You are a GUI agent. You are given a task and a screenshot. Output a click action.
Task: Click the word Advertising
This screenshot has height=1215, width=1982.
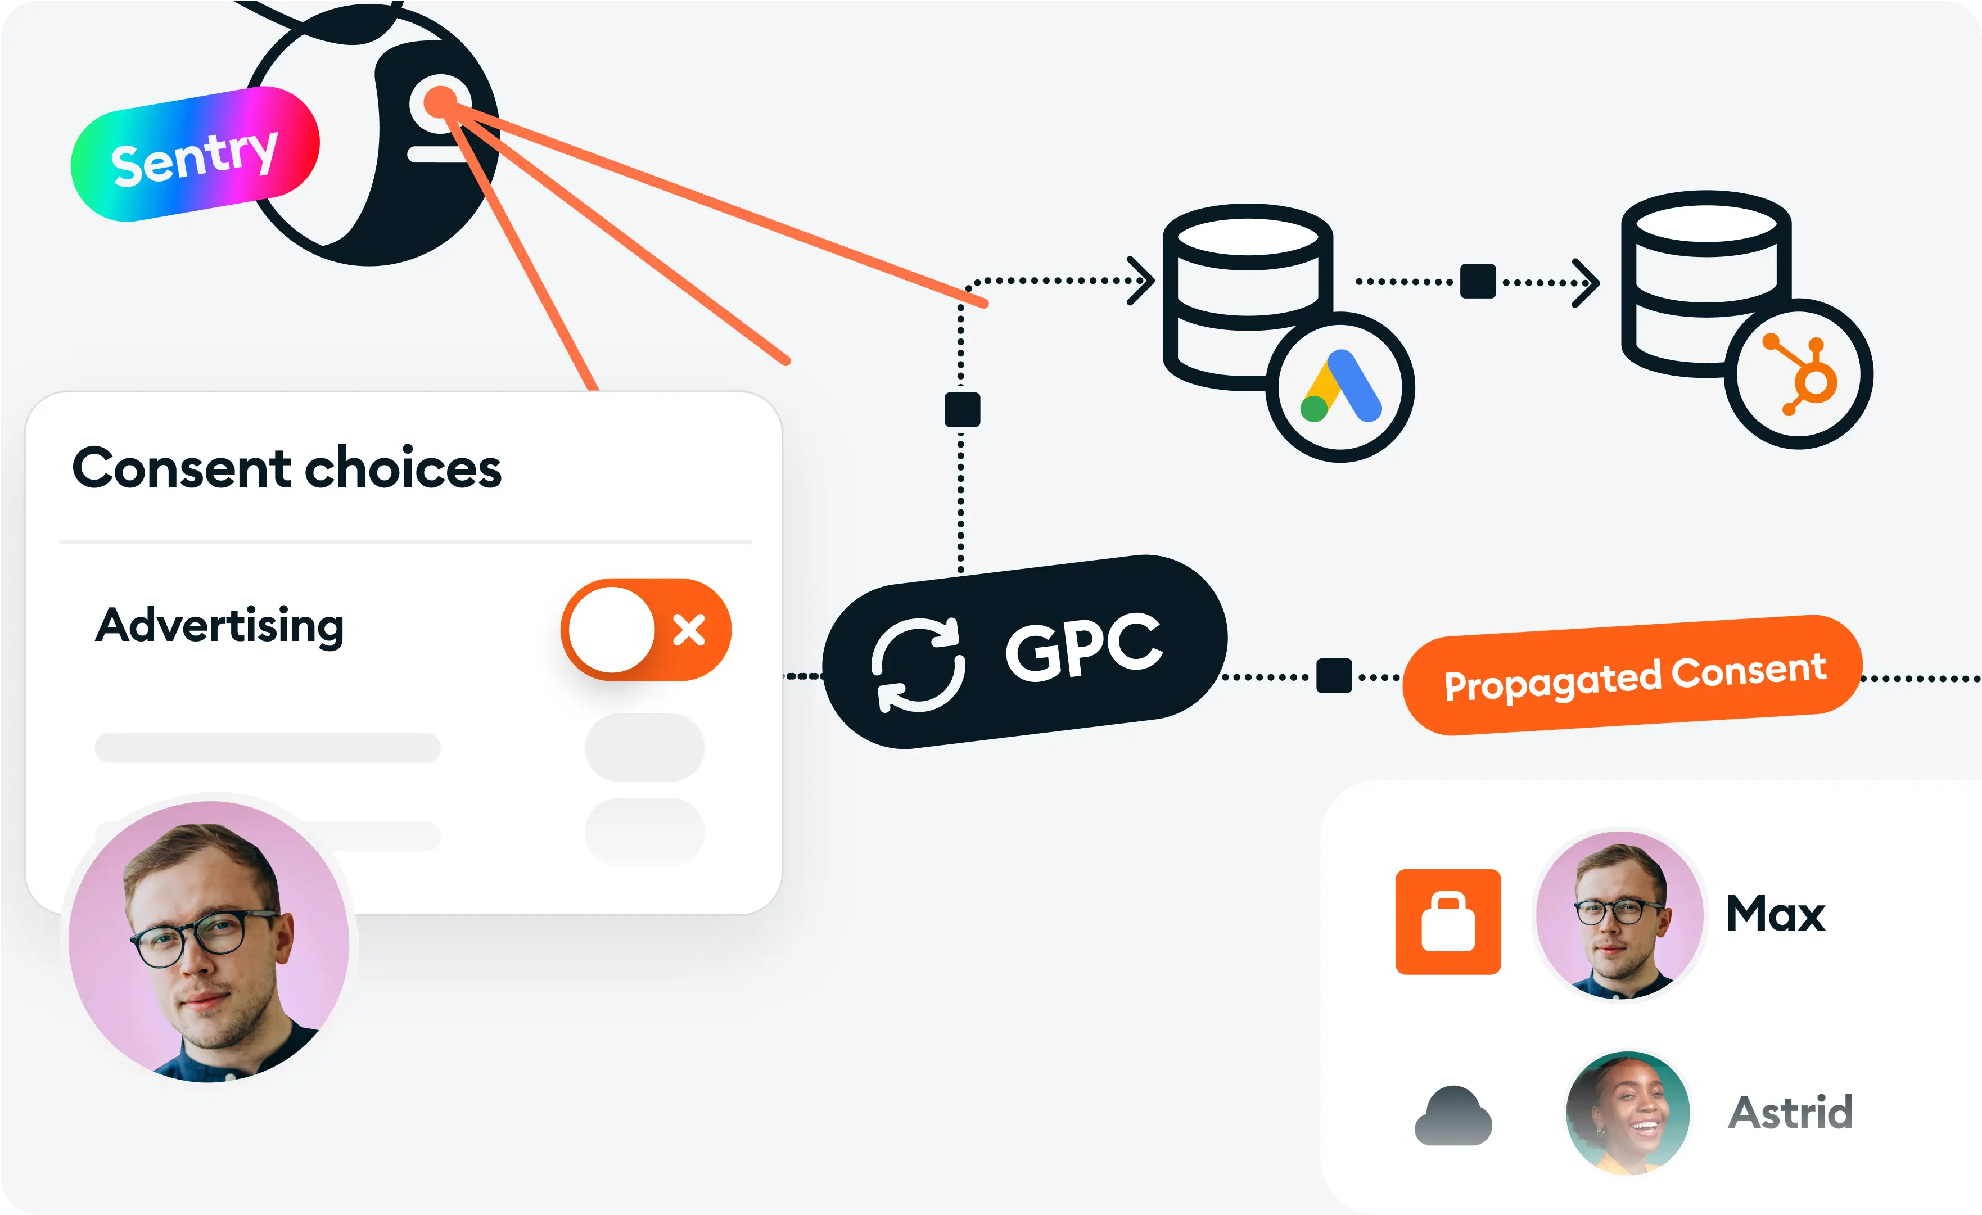click(x=219, y=626)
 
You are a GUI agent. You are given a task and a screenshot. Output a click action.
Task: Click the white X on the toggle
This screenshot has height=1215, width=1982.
click(x=689, y=630)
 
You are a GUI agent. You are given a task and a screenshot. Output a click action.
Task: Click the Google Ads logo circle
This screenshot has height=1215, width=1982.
click(x=1340, y=387)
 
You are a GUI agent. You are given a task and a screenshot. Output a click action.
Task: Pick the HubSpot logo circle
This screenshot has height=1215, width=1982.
click(x=1799, y=374)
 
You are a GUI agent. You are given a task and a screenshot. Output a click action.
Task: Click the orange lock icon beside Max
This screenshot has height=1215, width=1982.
click(x=1448, y=922)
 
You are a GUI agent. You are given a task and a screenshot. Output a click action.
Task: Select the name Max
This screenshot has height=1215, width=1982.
click(x=1775, y=914)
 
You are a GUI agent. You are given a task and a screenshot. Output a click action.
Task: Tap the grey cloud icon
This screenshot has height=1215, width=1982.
click(x=1453, y=1116)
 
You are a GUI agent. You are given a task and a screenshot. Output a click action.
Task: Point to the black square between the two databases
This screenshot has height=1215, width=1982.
click(x=1478, y=282)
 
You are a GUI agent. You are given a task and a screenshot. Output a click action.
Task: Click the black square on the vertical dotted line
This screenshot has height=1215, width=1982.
click(x=962, y=409)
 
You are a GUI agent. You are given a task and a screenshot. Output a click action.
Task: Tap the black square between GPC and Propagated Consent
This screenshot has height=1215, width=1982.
click(x=1334, y=675)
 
